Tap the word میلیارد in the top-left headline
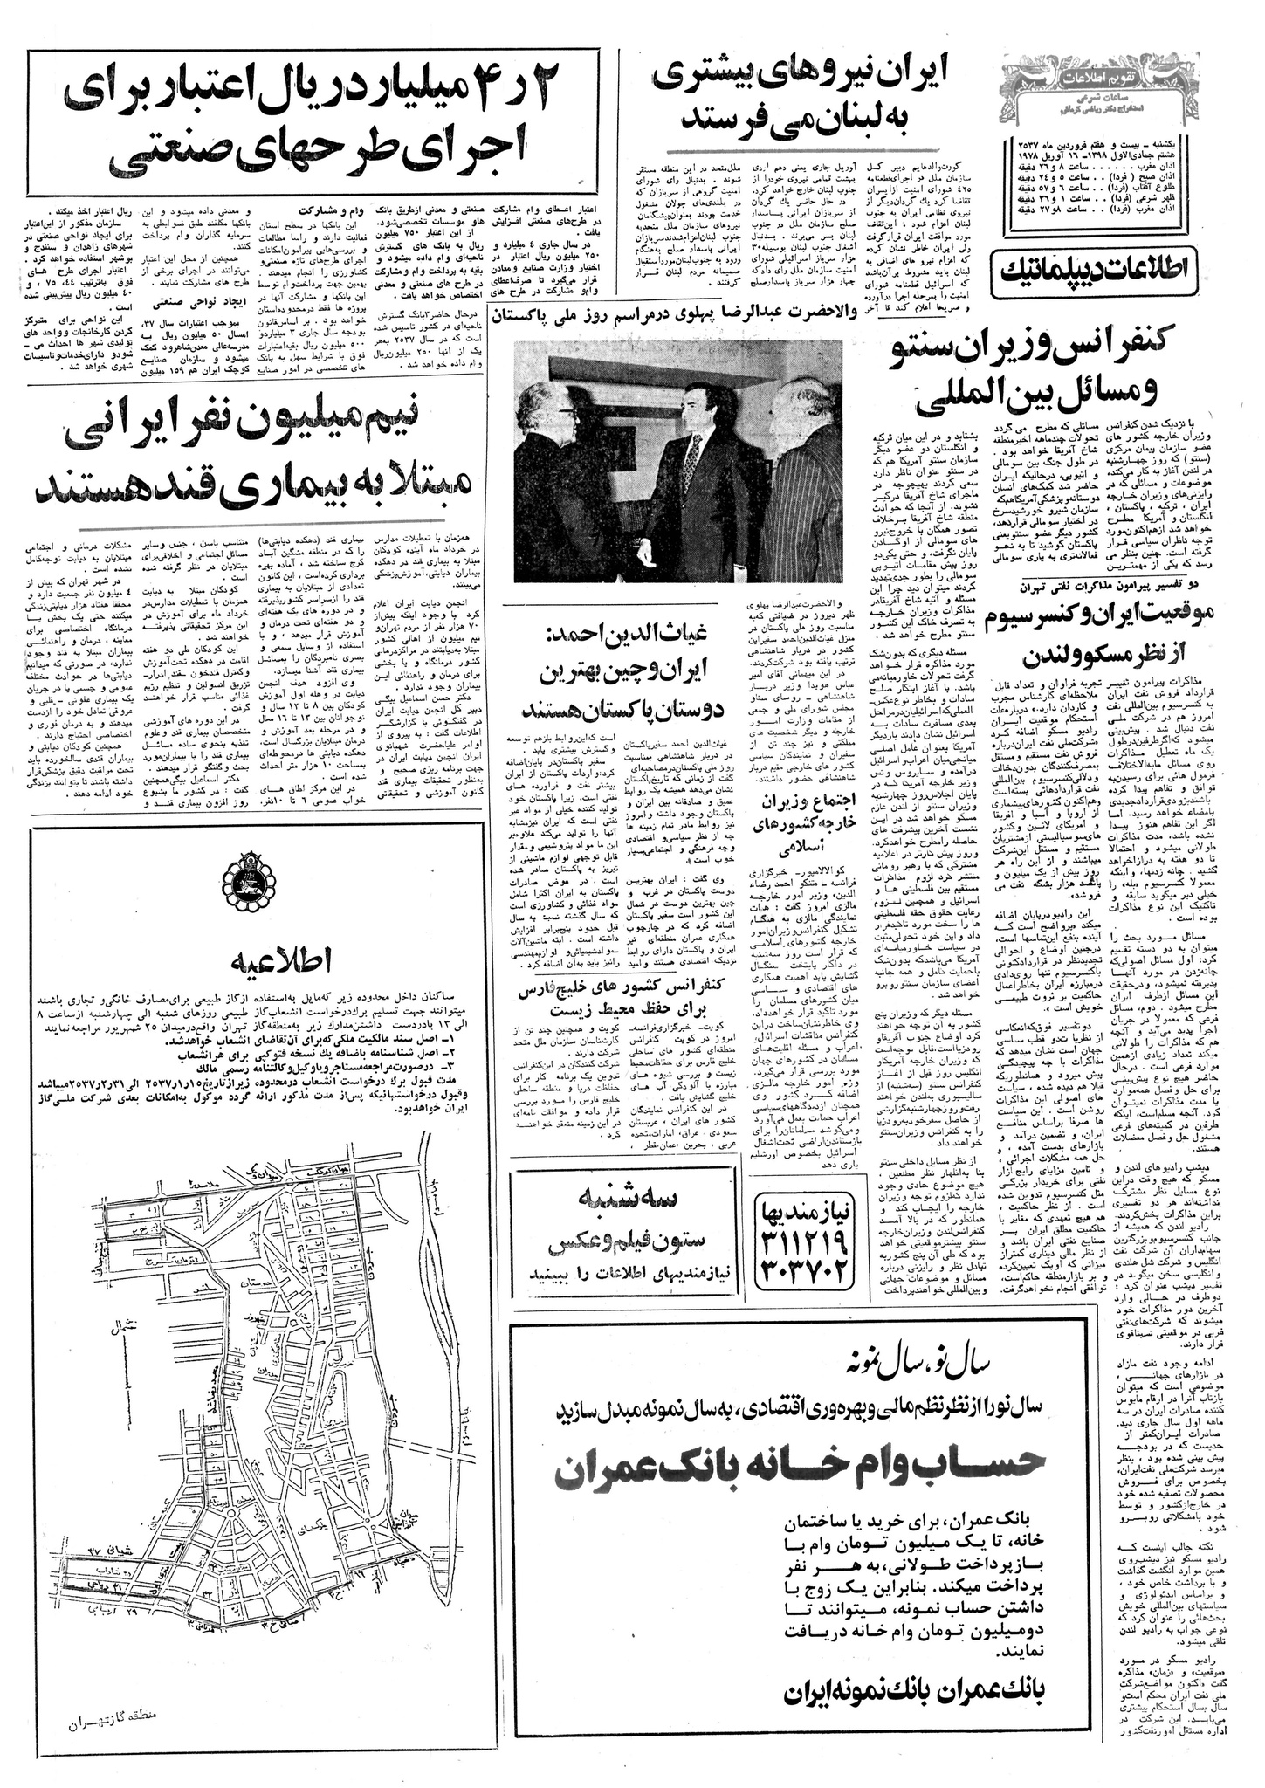464,94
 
